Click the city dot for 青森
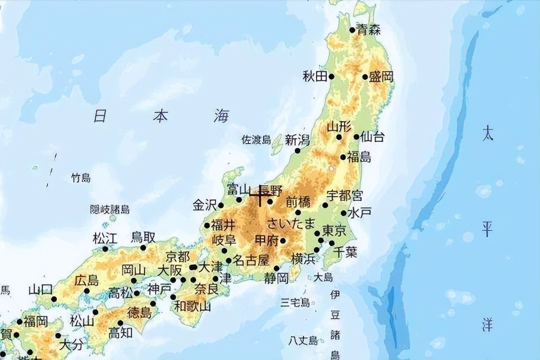pyautogui.click(x=352, y=30)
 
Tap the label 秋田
pyautogui.click(x=315, y=76)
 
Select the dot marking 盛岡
pyautogui.click(x=365, y=77)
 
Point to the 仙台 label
pyautogui.click(x=373, y=137)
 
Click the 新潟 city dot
pyautogui.click(x=297, y=150)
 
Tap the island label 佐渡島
pyautogui.click(x=256, y=140)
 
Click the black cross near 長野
pyautogui.click(x=260, y=195)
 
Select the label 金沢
pyautogui.click(x=205, y=205)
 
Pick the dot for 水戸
pyautogui.click(x=344, y=213)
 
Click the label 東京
pyautogui.click(x=334, y=231)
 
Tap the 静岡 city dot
pyautogui.click(x=277, y=268)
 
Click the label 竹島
pyautogui.click(x=81, y=178)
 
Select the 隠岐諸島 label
pyautogui.click(x=110, y=210)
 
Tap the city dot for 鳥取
pyautogui.click(x=143, y=247)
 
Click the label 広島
pyautogui.click(x=86, y=280)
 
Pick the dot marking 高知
pyautogui.click(x=120, y=323)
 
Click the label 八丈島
pyautogui.click(x=303, y=340)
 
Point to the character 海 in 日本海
pyautogui.click(x=221, y=116)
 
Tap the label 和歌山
pyautogui.click(x=193, y=306)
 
